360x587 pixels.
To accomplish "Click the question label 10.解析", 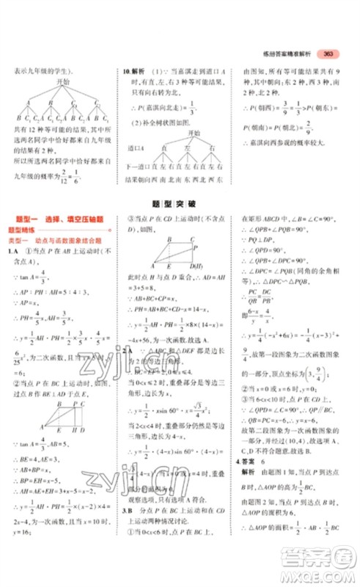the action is tap(133, 72).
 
